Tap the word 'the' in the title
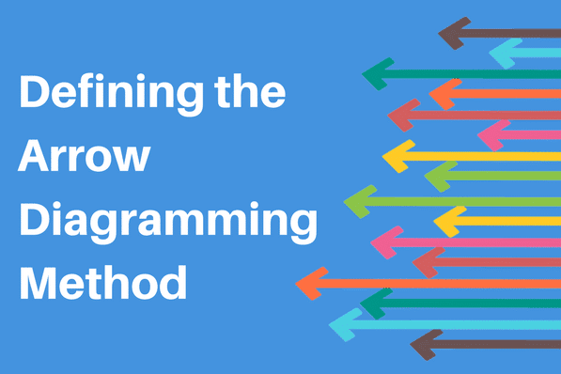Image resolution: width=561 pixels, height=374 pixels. pyautogui.click(x=250, y=90)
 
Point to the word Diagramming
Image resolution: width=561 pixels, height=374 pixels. pyautogui.click(x=168, y=222)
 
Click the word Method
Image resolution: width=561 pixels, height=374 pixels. pyautogui.click(x=103, y=282)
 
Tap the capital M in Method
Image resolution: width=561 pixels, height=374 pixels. pyautogui.click(x=38, y=282)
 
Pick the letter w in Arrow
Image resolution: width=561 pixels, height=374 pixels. pyautogui.click(x=131, y=159)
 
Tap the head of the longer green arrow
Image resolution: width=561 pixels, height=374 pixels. pyautogui.click(x=360, y=202)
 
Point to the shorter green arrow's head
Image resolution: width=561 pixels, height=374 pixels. pyautogui.click(x=440, y=176)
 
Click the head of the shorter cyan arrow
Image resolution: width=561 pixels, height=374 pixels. pyautogui.click(x=505, y=54)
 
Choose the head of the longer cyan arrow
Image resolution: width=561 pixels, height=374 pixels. pyautogui.click(x=345, y=325)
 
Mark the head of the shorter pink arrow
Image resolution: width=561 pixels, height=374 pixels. pyautogui.click(x=493, y=135)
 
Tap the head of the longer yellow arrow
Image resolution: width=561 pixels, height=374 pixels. pyautogui.click(x=398, y=156)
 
